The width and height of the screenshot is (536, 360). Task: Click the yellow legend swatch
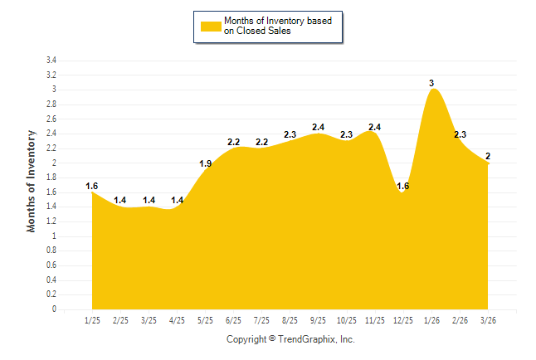[x=211, y=26]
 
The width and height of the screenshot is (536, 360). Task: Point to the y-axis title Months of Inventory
[x=32, y=181]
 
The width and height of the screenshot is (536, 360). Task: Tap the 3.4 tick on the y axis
[x=51, y=61]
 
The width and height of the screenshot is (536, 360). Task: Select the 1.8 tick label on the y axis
[x=51, y=178]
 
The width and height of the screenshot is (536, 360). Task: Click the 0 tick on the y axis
[x=54, y=309]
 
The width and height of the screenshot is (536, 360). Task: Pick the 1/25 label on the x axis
[x=92, y=320]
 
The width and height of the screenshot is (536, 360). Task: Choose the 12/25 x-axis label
[x=402, y=320]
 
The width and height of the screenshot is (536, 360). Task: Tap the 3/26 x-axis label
[x=488, y=320]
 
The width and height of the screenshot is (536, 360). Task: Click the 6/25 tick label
[x=233, y=320]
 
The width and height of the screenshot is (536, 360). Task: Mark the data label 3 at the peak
[x=431, y=83]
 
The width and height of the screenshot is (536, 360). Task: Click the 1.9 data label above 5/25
[x=206, y=163]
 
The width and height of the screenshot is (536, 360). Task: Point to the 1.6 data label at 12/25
[x=403, y=186]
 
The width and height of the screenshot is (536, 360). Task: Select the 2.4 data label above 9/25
[x=318, y=127]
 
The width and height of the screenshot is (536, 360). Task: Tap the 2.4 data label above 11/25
[x=374, y=127]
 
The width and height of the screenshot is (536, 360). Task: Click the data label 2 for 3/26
[x=488, y=156]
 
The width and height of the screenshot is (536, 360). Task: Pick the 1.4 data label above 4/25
[x=177, y=200]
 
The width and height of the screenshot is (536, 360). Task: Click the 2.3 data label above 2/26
[x=460, y=134]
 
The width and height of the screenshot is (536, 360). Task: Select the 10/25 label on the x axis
[x=346, y=320]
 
